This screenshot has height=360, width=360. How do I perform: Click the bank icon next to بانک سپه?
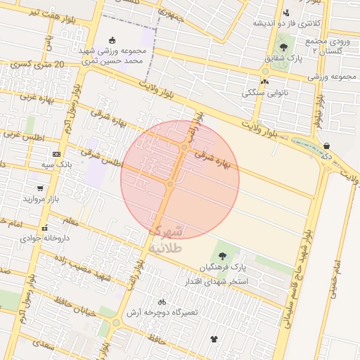[x=56, y=154]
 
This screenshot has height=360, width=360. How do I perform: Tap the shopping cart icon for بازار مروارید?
[x=40, y=188]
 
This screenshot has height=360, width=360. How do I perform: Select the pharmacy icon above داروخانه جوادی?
[x=44, y=228]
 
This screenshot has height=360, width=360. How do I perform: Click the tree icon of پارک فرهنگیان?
[x=223, y=256]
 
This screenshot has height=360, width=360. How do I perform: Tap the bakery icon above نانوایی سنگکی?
[x=264, y=82]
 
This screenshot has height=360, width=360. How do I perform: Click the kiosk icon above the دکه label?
[x=326, y=146]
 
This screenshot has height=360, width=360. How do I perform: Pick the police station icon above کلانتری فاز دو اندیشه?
[x=285, y=13]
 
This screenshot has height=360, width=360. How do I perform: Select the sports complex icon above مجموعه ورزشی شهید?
[x=112, y=40]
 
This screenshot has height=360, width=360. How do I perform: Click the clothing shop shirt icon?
[x=214, y=340]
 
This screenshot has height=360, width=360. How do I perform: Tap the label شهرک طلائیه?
[x=167, y=239]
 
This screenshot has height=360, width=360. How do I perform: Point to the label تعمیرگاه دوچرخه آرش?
[x=166, y=311]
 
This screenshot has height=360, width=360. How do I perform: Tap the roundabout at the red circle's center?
[x=170, y=184]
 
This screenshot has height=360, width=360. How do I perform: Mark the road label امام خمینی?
[x=343, y=274]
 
